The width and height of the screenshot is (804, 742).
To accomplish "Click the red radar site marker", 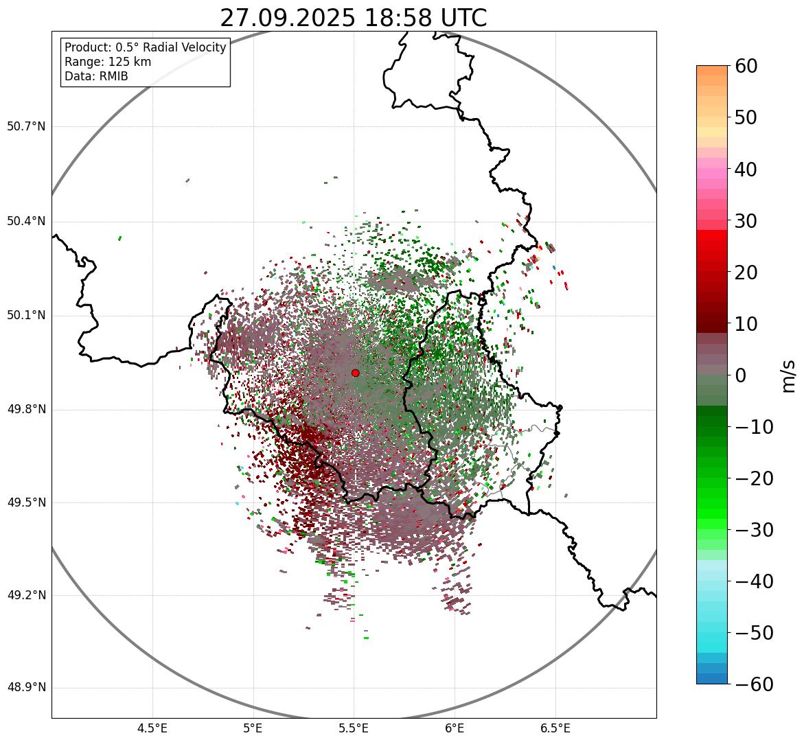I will pyautogui.click(x=355, y=373).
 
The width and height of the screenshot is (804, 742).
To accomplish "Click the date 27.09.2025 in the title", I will pyautogui.click(x=288, y=18).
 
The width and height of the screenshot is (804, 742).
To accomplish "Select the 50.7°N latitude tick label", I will pyautogui.click(x=25, y=127).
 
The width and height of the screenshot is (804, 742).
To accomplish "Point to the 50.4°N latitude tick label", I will pyautogui.click(x=25, y=222).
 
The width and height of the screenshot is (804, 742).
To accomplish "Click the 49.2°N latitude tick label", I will pyautogui.click(x=25, y=595).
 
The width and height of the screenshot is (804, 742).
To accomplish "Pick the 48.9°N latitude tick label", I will pyautogui.click(x=25, y=688).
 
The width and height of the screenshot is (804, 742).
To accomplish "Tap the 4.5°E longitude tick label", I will pyautogui.click(x=152, y=728).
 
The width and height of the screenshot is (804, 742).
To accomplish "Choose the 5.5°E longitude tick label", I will pyautogui.click(x=354, y=728).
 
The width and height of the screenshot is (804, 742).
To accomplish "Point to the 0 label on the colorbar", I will pyautogui.click(x=741, y=375).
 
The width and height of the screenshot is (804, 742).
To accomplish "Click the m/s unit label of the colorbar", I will pyautogui.click(x=789, y=375).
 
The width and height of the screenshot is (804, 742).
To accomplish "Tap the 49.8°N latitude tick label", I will pyautogui.click(x=25, y=410).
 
